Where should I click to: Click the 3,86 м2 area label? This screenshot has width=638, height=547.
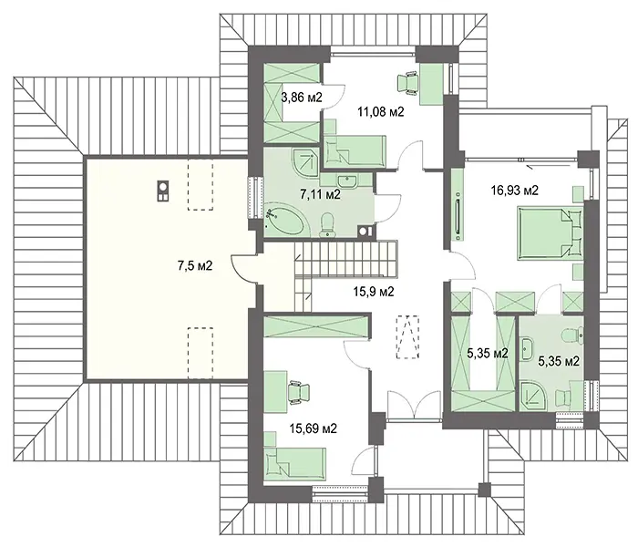(x=302, y=98)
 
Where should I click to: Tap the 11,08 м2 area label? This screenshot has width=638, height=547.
(x=381, y=111)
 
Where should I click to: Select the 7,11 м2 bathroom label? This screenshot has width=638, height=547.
(x=320, y=194)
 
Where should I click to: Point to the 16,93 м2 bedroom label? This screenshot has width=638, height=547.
(x=515, y=190)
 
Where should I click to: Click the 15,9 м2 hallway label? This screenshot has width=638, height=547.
(x=374, y=292)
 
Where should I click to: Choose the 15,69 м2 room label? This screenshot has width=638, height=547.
(x=314, y=428)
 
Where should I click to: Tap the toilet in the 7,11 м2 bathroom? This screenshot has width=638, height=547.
(x=327, y=225)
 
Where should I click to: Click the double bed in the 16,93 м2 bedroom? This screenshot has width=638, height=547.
(x=550, y=233)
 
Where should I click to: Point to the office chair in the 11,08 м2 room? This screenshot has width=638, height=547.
(x=406, y=83)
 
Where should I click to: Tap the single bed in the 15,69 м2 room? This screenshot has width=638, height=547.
(x=295, y=463)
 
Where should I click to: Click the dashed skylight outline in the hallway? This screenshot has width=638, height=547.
(x=407, y=337)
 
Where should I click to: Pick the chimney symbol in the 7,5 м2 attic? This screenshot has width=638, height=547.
(x=163, y=191)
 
